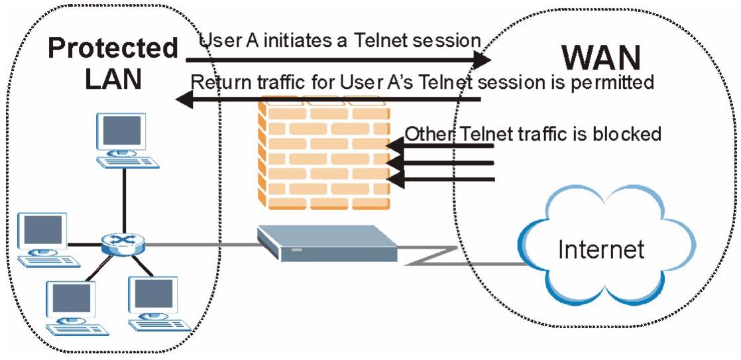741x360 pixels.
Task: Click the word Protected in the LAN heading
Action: point(113,48)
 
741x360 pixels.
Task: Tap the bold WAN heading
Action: point(600,58)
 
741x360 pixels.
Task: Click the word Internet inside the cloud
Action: point(601,249)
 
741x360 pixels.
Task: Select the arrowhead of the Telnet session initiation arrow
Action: point(482,60)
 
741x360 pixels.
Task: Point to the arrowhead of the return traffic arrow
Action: point(185,99)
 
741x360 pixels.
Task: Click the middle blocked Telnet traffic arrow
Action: point(440,163)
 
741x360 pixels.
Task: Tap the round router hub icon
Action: point(123,244)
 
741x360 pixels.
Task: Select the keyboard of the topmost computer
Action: point(128,162)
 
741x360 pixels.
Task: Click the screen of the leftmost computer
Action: point(43,229)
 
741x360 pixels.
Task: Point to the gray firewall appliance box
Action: point(327,243)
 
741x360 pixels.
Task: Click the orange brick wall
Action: point(324,152)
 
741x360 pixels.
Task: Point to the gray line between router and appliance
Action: point(201,244)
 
